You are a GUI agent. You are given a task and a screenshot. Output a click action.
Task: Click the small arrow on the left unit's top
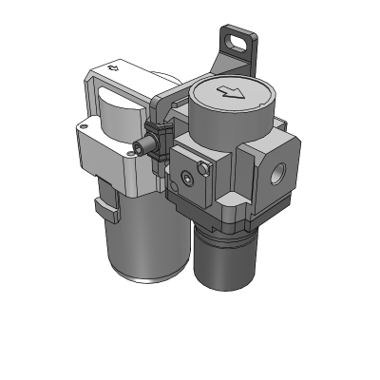(x=115, y=67)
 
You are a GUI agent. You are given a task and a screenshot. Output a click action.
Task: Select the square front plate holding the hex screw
(x=194, y=182)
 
